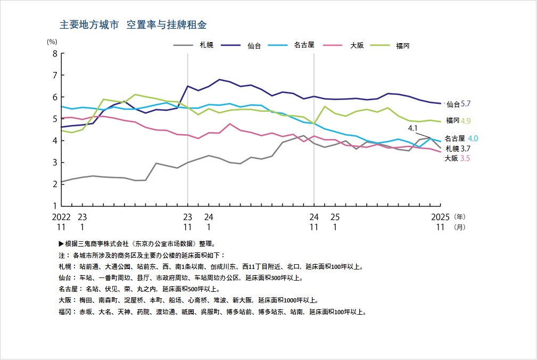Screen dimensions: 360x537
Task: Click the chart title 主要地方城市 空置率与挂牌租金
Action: (x=133, y=25)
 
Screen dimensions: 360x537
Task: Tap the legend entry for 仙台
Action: (x=254, y=45)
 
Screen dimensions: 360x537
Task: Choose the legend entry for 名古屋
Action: (x=304, y=45)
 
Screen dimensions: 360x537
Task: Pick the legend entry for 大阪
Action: (x=357, y=45)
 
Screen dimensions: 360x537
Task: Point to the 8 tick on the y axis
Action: (x=54, y=53)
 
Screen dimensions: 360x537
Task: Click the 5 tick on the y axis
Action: (x=54, y=119)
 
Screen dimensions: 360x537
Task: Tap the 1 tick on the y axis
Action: (x=54, y=206)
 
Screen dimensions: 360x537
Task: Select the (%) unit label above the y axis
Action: (x=52, y=41)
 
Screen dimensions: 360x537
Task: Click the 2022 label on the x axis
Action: (x=61, y=217)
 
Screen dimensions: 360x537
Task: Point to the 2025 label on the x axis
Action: (x=440, y=217)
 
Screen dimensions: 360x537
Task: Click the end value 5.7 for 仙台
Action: (x=466, y=104)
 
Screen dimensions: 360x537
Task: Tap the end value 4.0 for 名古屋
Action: (x=473, y=138)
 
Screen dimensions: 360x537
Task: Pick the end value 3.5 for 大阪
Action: (x=466, y=159)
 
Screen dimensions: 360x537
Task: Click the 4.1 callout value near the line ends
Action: (x=413, y=128)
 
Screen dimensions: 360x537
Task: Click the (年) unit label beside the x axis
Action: (x=460, y=217)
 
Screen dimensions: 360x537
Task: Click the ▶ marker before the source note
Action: (x=61, y=243)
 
